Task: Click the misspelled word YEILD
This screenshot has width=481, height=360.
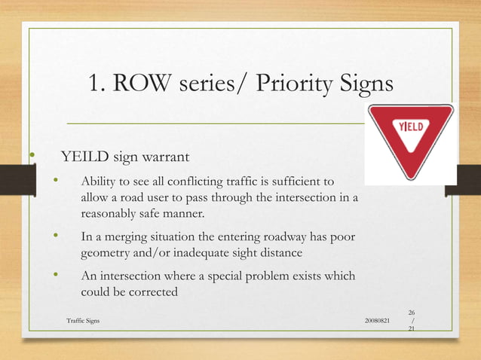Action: (85, 157)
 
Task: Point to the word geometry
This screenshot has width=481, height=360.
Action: (106, 253)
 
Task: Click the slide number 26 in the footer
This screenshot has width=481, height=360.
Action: (412, 312)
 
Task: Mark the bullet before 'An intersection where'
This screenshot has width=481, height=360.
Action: (55, 276)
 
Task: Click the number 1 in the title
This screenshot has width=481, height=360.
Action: (94, 83)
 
